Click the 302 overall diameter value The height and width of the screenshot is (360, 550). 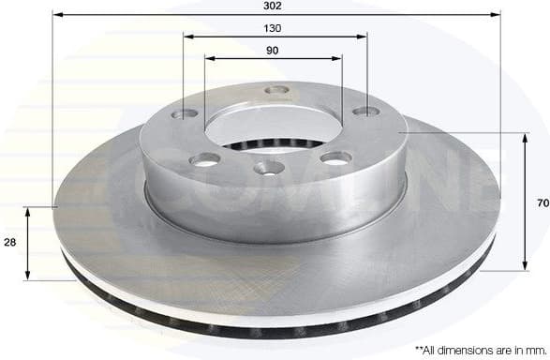[275, 6]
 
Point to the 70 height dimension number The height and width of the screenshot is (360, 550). [542, 202]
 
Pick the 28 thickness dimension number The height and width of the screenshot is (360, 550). [8, 243]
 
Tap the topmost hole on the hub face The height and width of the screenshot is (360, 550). [275, 91]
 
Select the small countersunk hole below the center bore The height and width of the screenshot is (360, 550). [269, 169]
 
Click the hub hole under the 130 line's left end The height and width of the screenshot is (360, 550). [186, 115]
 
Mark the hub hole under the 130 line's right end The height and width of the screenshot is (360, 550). [364, 112]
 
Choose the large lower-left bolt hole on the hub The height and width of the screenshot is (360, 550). [204, 159]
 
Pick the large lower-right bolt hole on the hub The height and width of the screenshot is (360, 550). [335, 157]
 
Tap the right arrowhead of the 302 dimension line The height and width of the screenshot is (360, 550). [496, 15]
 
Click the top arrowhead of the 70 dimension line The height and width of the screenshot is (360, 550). [523, 137]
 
